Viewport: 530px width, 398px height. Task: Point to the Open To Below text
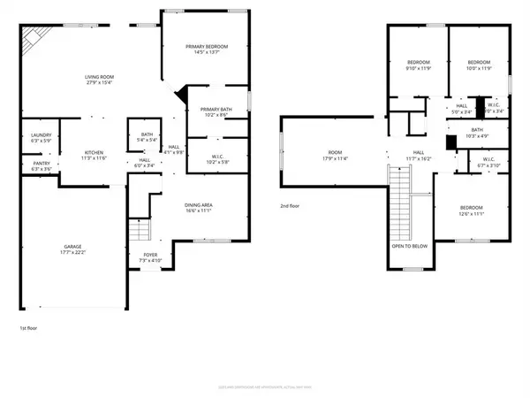[x=409, y=246]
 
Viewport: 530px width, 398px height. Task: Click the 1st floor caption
[x=29, y=329]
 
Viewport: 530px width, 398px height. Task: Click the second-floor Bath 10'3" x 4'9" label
[x=476, y=133]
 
